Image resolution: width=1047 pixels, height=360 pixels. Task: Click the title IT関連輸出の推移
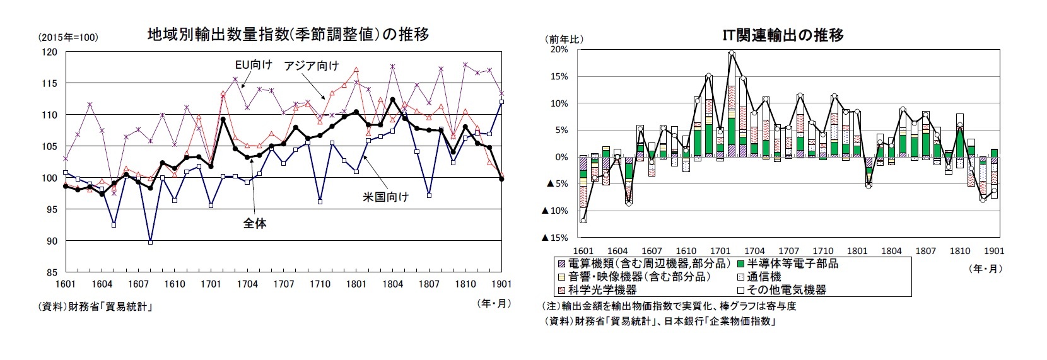point(783,35)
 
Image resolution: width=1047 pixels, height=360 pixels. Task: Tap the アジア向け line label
point(311,66)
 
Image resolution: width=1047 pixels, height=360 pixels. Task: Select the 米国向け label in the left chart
point(385,197)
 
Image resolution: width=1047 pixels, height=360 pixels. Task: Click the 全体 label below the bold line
point(255,223)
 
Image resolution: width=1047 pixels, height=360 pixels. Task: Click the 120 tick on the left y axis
point(48,52)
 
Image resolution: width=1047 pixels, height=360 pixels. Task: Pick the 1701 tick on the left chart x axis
point(211,284)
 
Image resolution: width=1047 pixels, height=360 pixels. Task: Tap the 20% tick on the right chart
point(559,49)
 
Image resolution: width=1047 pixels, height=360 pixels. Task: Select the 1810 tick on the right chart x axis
point(960,251)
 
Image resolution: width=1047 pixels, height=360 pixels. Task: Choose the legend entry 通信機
point(764,277)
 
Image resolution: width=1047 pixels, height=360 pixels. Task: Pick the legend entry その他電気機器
point(785,290)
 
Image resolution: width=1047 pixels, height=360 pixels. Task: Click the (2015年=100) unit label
point(68,38)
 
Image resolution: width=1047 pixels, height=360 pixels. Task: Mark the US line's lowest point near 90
point(150,241)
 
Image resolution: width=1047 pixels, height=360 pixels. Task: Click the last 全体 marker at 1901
point(501,179)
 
